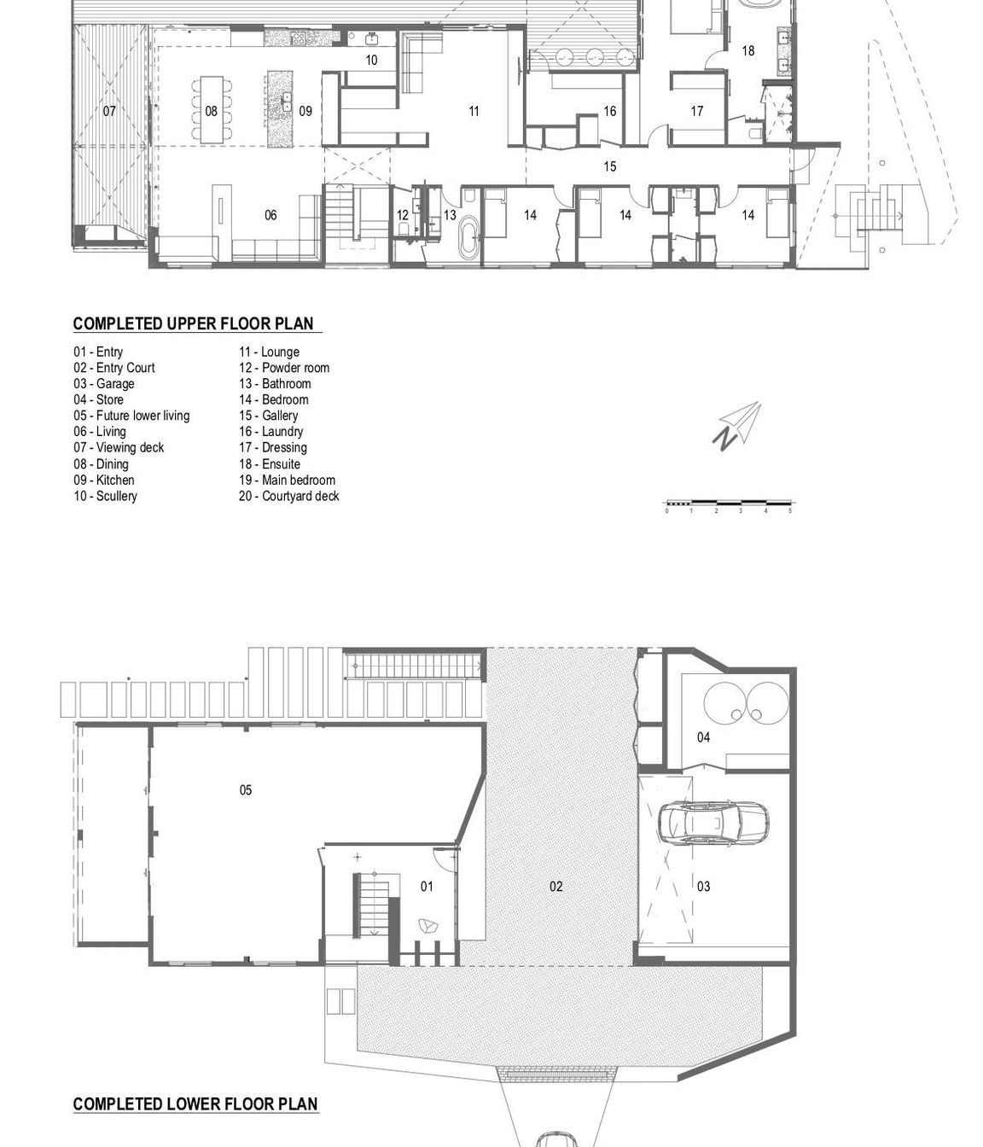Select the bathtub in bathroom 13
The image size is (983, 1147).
(468, 236)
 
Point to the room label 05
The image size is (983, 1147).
(245, 789)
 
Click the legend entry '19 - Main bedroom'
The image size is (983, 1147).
(287, 480)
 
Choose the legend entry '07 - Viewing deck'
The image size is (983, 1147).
(119, 447)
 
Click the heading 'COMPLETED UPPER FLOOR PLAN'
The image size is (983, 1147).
(193, 323)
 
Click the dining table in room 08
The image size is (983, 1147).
(212, 110)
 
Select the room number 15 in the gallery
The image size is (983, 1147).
(609, 166)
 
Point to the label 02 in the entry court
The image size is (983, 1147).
(555, 886)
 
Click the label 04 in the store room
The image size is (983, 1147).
(703, 737)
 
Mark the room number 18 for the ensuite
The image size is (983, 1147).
(747, 50)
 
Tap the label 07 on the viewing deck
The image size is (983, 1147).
(109, 111)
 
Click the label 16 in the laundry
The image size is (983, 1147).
(609, 111)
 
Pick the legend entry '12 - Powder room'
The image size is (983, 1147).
(284, 367)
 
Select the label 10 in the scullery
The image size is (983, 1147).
(371, 60)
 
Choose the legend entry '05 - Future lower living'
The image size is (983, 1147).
(131, 416)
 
